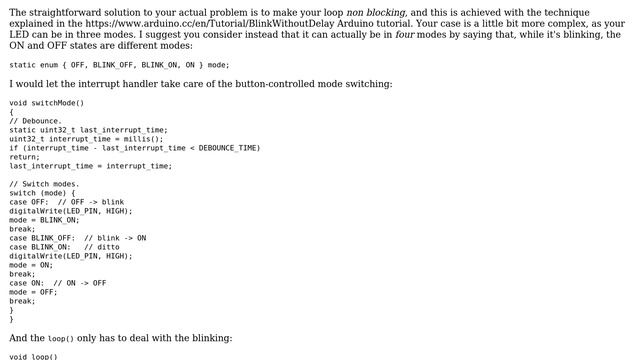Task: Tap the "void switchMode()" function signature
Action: tap(47, 102)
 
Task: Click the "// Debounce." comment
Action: tap(35, 120)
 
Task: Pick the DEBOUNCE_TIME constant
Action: tap(229, 148)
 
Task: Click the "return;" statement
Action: tap(25, 157)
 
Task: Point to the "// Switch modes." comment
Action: tap(44, 184)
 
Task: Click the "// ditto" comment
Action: tap(102, 247)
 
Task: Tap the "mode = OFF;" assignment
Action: tap(34, 292)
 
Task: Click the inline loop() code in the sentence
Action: tap(61, 339)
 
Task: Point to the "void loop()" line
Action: tap(34, 357)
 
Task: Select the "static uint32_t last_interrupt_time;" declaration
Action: tap(88, 129)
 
